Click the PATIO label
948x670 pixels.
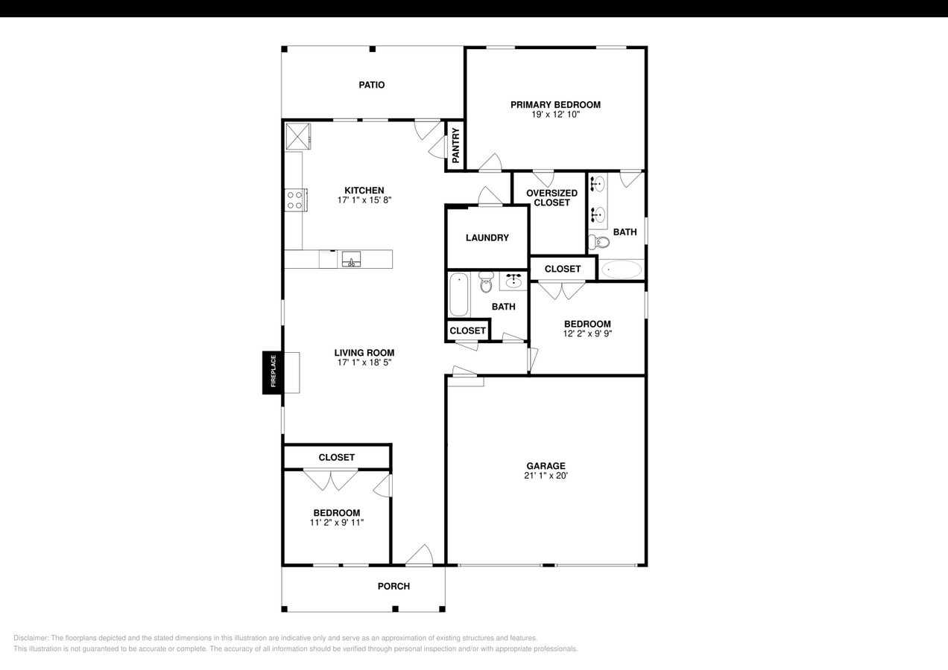(x=371, y=85)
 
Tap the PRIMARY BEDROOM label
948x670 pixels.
(x=555, y=105)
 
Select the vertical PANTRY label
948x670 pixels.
(x=456, y=145)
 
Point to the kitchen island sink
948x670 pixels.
(x=351, y=259)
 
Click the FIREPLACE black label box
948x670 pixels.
(x=272, y=372)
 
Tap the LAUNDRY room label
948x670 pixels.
(x=487, y=237)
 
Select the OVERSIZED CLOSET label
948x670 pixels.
(x=552, y=198)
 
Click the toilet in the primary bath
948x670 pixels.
(x=598, y=241)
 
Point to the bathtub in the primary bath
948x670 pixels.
(x=621, y=269)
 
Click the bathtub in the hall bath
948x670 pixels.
(x=458, y=295)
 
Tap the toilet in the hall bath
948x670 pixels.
(x=487, y=282)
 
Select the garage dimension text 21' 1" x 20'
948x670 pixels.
(x=546, y=476)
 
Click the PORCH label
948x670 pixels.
(x=394, y=586)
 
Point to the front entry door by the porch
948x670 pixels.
(x=419, y=555)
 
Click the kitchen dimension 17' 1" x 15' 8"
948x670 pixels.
(x=364, y=200)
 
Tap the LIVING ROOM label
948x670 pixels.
(x=364, y=353)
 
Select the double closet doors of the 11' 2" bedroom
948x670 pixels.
(x=331, y=479)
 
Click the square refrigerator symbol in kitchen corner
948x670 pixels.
(x=298, y=136)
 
